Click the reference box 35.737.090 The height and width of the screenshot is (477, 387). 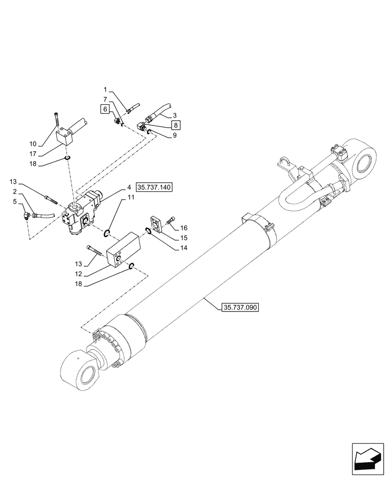point(240,308)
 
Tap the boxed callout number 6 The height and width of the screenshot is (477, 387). point(104,109)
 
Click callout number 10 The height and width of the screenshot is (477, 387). point(32,144)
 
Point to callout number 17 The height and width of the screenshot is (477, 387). point(32,154)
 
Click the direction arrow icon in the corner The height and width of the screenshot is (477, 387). point(367,459)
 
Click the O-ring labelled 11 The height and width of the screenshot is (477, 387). point(108,233)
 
